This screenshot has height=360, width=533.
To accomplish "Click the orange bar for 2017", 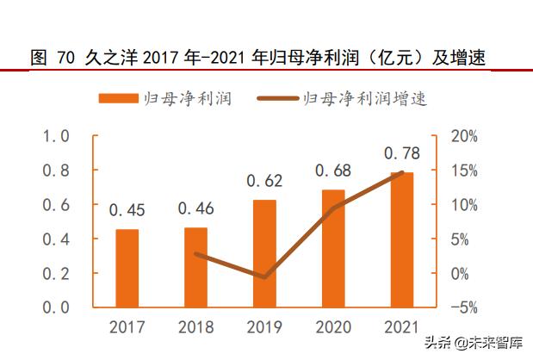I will (127, 268).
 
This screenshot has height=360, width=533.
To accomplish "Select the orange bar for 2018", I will (195, 267).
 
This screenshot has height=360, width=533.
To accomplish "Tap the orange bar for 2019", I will (264, 253).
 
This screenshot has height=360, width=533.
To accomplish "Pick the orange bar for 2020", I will (333, 248).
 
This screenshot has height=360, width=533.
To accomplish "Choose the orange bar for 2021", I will (401, 239).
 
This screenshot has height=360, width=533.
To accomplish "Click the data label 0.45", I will (127, 209).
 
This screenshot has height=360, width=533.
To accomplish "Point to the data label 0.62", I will (264, 181).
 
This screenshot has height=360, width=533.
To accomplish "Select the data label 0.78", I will (401, 153).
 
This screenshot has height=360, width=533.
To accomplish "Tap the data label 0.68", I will (333, 171).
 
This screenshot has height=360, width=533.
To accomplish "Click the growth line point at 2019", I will (264, 277).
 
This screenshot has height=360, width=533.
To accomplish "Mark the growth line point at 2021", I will (401, 172).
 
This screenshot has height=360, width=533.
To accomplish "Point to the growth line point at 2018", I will (195, 254).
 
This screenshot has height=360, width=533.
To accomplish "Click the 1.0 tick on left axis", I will (56, 136).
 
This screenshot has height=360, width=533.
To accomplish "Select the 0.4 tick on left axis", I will (56, 239).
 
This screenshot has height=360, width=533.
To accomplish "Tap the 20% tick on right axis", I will (464, 136).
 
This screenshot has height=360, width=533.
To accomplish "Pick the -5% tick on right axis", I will (464, 307).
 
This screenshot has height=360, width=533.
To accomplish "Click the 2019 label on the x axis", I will (264, 327).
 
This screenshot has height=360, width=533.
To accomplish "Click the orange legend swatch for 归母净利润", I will (117, 98).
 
